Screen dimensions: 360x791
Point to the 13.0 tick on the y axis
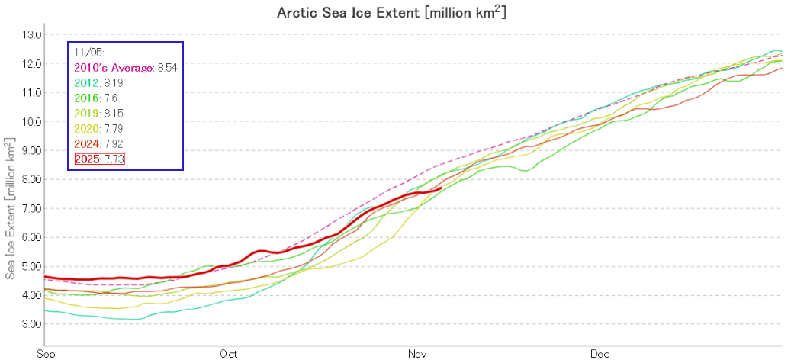pos(32,34)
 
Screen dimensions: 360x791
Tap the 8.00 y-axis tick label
pos(32,179)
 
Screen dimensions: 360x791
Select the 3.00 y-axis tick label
pos(32,324)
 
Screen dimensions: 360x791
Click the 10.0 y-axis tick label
pos(32,121)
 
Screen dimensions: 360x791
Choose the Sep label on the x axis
pos(45,354)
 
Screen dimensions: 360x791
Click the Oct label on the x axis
pos(228,354)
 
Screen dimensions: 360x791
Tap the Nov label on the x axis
pos(416,354)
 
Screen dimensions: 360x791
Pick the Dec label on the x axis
pos(600,354)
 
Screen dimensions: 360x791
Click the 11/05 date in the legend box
pos(85,52)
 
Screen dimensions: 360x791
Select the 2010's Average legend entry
pos(114,67)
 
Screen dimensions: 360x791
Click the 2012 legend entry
pos(86,82)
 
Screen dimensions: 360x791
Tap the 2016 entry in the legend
pos(86,98)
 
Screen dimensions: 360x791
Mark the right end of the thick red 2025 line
pos(442,188)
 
